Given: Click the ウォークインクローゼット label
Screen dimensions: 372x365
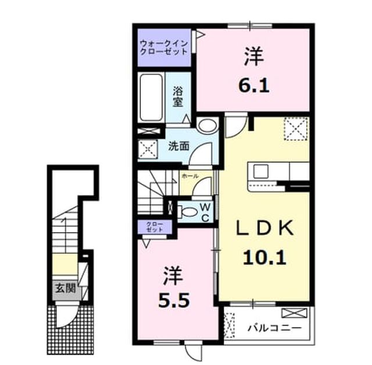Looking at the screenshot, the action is (x=164, y=48).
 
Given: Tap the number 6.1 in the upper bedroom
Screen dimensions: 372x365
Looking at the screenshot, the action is (x=253, y=86).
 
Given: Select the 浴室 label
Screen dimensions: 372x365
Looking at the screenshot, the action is (x=178, y=97).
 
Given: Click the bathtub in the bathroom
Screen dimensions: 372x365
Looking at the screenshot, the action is (x=151, y=97).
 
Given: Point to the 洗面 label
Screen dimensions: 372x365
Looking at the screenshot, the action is (x=178, y=146).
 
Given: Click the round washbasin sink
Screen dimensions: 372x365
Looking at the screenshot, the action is (x=208, y=126).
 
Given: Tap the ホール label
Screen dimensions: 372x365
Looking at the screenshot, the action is (x=190, y=176).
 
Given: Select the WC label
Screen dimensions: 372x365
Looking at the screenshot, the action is (x=205, y=213).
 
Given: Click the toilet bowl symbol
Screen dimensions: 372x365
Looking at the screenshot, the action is (x=188, y=212).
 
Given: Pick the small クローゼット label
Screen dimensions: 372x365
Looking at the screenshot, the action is (x=155, y=227).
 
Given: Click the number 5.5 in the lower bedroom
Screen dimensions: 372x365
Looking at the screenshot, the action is (x=174, y=301).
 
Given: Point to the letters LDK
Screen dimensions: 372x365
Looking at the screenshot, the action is (x=264, y=228).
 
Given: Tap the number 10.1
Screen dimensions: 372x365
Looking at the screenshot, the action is (x=264, y=258).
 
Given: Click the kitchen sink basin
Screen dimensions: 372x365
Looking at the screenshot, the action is (x=261, y=171).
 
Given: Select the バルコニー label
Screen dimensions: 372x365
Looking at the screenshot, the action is (x=274, y=328).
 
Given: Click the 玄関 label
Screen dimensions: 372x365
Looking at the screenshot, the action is (x=66, y=288).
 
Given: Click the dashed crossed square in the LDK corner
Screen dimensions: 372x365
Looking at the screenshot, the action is (x=296, y=129).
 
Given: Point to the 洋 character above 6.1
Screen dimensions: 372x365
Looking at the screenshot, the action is (x=254, y=56).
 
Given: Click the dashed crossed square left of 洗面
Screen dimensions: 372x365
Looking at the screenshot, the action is (x=148, y=149).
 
